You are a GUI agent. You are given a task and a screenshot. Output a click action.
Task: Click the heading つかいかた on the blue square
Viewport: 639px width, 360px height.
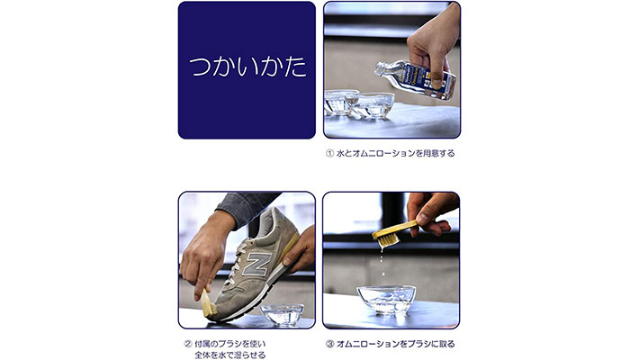coord(247,67)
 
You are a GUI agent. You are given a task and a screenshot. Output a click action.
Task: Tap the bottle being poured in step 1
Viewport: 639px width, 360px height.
coord(415,79)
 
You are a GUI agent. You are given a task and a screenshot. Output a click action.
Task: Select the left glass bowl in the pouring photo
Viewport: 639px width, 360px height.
coord(341,102)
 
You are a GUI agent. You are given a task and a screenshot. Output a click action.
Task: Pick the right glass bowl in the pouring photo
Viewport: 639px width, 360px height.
coord(374,105)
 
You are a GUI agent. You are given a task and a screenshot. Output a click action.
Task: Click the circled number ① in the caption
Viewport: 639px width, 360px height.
coord(329,154)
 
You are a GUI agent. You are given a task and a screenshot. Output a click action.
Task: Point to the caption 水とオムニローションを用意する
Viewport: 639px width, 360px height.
coord(395,154)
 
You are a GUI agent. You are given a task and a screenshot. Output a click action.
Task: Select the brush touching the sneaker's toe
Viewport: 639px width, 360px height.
coord(209,303)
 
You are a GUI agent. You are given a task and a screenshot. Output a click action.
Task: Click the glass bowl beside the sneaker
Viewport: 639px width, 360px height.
coord(282,314)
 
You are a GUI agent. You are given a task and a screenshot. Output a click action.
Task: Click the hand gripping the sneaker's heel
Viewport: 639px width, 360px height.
coord(301,248)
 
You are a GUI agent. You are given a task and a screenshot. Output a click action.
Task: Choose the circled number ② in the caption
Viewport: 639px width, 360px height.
coord(188,344)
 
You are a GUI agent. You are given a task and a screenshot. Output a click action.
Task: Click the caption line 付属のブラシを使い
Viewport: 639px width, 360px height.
coord(229,344)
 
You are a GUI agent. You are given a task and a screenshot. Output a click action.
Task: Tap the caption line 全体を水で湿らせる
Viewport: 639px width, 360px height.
coord(229,355)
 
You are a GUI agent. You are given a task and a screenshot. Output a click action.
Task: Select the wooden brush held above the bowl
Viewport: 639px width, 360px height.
coord(394,234)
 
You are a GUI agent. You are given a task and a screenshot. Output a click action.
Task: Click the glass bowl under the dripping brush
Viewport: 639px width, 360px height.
coord(386,300)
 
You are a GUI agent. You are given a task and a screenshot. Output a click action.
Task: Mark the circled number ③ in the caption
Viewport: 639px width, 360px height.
coord(329,344)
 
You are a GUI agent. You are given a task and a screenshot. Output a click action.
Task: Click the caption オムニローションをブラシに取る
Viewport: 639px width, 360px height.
coord(395,344)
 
